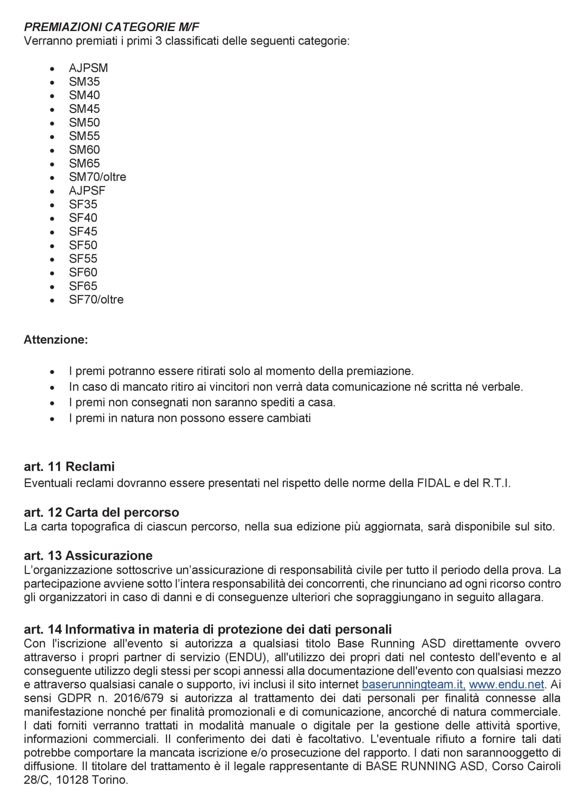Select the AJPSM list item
click(x=88, y=68)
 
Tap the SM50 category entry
click(x=84, y=122)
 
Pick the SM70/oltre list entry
click(x=97, y=177)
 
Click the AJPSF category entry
click(x=87, y=190)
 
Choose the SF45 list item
click(x=83, y=231)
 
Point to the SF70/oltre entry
click(x=96, y=299)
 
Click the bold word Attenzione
click(x=56, y=340)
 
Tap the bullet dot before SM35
click(x=52, y=82)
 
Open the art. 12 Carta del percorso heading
click(x=101, y=512)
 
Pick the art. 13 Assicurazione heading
click(x=88, y=555)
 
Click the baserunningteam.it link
click(x=413, y=684)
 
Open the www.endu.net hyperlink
click(x=506, y=684)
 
